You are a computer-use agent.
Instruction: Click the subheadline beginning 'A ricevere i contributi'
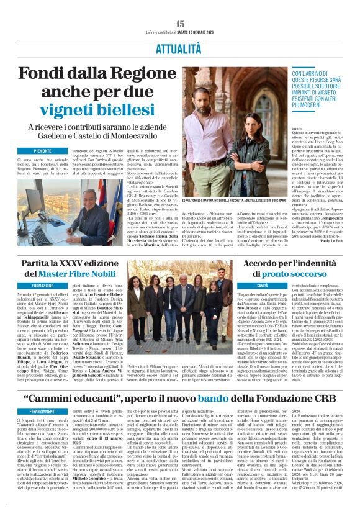click(x=95, y=132)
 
